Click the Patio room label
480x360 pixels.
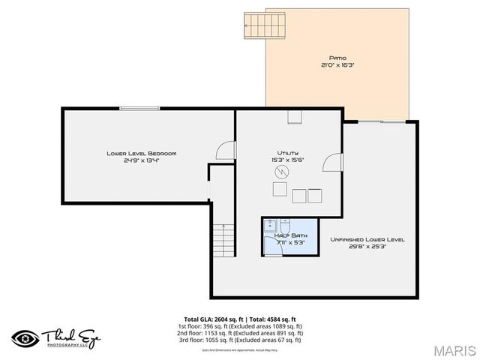point(337,58)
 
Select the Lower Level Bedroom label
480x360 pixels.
point(141,153)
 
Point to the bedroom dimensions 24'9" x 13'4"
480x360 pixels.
point(141,160)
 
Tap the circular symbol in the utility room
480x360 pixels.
point(280,172)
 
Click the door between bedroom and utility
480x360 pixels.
point(226,151)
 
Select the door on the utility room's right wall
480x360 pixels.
point(333,164)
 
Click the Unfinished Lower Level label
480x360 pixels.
point(367,239)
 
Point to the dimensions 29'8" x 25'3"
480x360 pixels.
point(367,247)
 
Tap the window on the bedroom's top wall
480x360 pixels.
point(139,109)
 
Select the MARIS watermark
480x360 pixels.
point(454,350)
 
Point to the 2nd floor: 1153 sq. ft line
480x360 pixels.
point(240,333)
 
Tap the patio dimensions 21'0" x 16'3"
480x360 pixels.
point(337,65)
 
